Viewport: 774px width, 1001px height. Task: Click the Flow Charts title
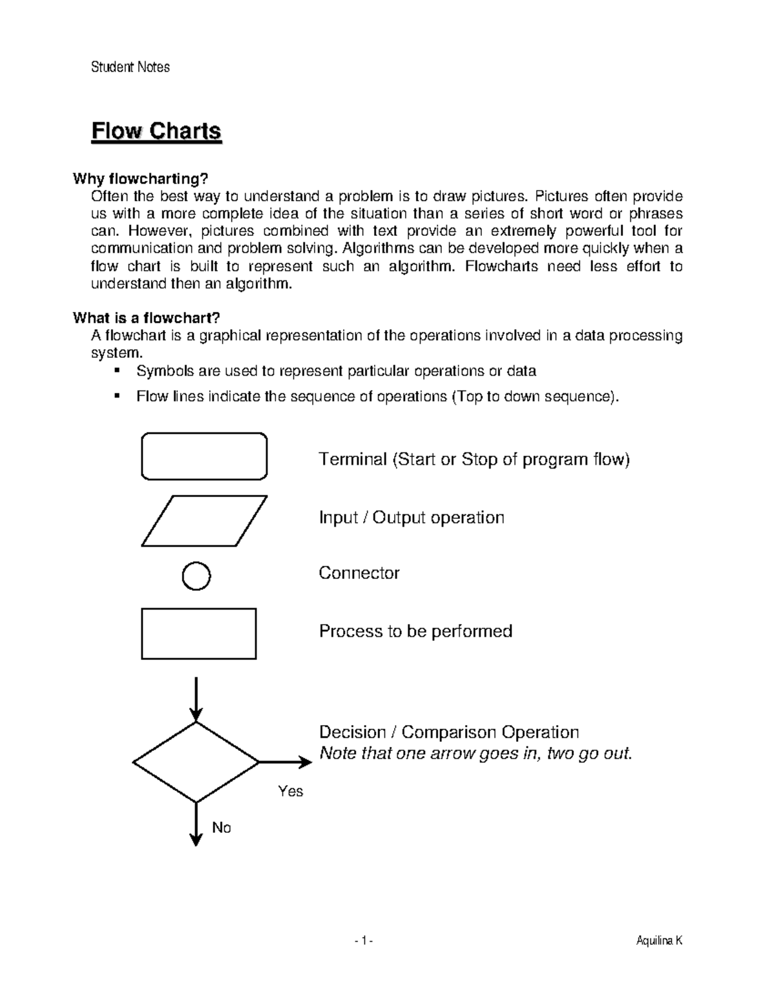coord(156,131)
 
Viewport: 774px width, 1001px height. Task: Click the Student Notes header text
coord(130,67)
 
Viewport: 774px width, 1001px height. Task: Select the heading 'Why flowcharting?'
coord(141,179)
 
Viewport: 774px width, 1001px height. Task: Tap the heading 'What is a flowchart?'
coord(146,318)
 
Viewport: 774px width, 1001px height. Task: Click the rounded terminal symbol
coord(204,456)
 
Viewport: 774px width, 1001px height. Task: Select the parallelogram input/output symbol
coord(204,521)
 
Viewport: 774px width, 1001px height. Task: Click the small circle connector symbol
coord(196,576)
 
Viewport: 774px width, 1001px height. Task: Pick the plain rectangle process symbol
coord(199,634)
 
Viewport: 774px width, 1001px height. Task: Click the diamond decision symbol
coord(195,763)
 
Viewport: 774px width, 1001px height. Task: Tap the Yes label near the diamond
coord(290,791)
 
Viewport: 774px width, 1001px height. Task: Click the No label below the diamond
coord(221,828)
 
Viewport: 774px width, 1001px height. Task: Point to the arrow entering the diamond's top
coord(196,699)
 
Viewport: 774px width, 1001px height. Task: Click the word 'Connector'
coord(359,573)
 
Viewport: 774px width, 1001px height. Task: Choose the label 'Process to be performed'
coord(415,631)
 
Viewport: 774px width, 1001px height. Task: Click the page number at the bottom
coord(363,942)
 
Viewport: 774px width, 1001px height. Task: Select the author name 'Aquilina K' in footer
coord(659,942)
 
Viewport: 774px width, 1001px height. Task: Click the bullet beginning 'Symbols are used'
coord(335,371)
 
